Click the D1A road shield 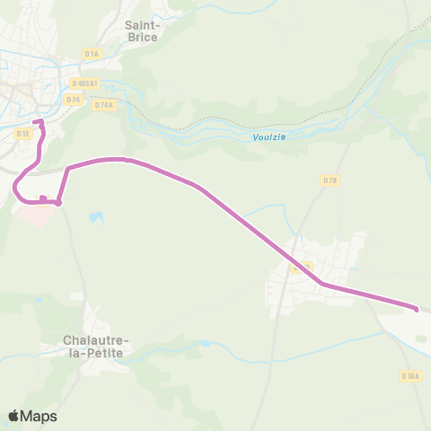(x=92, y=54)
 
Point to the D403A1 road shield (x=84, y=84)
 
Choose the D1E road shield (x=23, y=133)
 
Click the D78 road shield (x=330, y=180)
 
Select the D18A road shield (x=411, y=376)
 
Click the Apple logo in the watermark (x=14, y=416)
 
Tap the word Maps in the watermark (x=39, y=416)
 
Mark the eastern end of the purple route (x=416, y=309)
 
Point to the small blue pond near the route (x=96, y=217)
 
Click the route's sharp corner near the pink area (x=58, y=203)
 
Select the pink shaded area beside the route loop (x=35, y=214)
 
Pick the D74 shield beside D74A (x=74, y=99)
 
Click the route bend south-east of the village (x=322, y=285)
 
